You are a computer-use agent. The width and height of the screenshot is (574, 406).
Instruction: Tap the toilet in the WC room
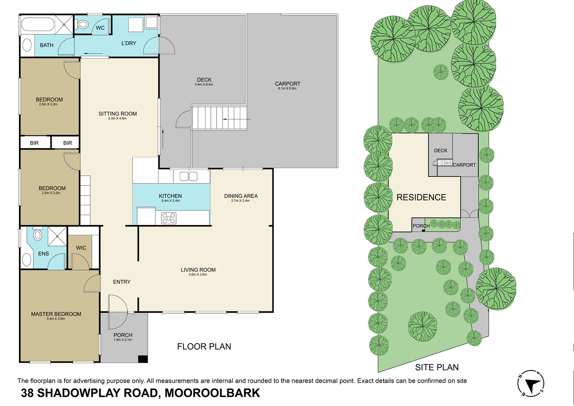point(83,25)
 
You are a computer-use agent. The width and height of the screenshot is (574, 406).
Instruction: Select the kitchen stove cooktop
point(169,218)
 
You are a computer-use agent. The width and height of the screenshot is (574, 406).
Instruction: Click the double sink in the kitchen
point(188,176)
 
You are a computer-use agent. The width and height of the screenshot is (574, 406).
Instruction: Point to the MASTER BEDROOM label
point(56,314)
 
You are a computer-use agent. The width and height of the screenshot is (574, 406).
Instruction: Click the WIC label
point(81,248)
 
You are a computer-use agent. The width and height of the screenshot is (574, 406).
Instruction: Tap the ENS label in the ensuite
point(44,254)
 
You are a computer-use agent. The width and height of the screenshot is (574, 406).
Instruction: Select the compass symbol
point(531,383)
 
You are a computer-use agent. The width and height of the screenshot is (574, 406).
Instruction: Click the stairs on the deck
point(219,118)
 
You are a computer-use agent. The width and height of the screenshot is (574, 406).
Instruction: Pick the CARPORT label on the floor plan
point(288,84)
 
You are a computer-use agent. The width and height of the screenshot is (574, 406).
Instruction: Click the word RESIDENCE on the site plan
point(421,197)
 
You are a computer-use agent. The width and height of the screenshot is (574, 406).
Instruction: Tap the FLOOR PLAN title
point(204,347)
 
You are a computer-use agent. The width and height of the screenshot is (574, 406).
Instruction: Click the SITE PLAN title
point(437,367)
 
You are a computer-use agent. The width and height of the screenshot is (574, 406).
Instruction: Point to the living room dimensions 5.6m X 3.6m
point(198,275)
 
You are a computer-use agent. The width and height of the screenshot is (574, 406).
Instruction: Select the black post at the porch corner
point(143,359)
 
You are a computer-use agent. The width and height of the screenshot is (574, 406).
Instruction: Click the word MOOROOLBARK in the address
point(212,393)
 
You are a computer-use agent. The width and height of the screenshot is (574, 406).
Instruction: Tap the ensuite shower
point(57,236)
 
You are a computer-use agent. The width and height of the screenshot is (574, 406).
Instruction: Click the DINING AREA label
point(241,196)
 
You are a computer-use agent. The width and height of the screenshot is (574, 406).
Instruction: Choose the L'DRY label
point(129,43)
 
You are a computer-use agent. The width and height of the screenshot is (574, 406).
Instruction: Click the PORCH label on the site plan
point(421,226)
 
